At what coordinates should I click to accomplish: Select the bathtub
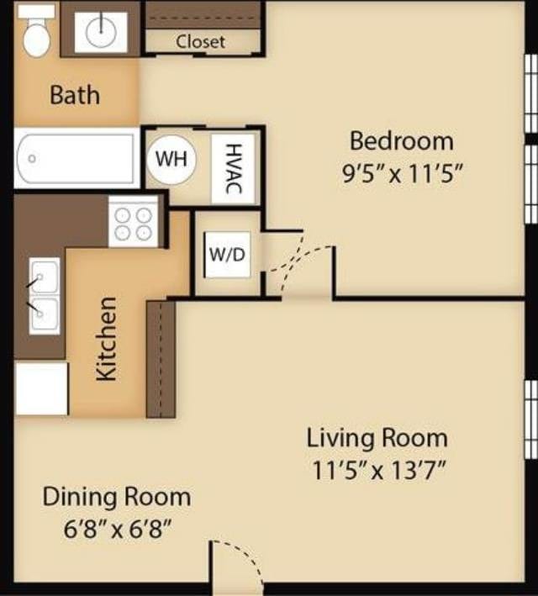click(x=76, y=158)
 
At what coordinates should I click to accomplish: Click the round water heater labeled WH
click(x=171, y=157)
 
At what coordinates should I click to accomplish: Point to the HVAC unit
click(x=232, y=168)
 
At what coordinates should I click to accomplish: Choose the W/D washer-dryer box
click(x=227, y=254)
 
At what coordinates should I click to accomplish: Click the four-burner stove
click(x=134, y=222)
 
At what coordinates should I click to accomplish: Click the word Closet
click(x=200, y=41)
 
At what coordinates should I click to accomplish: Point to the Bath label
click(x=74, y=94)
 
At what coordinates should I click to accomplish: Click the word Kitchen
click(x=106, y=338)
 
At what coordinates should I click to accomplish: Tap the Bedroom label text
click(x=401, y=140)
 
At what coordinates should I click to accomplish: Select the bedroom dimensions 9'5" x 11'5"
click(x=402, y=175)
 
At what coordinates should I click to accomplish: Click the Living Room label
click(x=376, y=437)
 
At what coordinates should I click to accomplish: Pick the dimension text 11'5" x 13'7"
click(x=377, y=469)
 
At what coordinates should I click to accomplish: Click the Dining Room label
click(x=116, y=496)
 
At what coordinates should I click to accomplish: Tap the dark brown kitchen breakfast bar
click(x=161, y=359)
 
